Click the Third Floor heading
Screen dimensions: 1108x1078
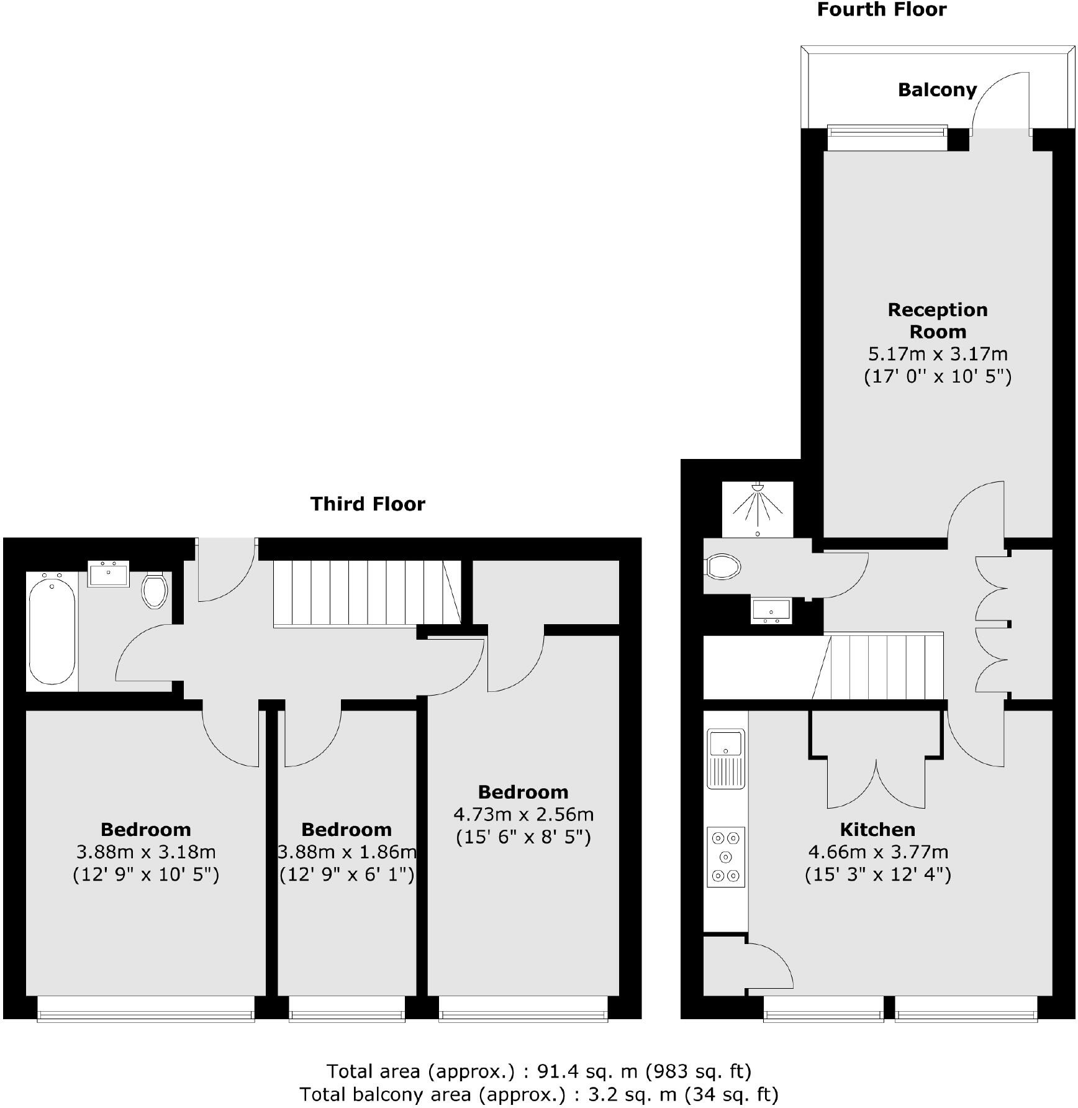coord(368,504)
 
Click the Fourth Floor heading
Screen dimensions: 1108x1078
coord(881,10)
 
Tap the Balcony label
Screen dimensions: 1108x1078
coord(937,90)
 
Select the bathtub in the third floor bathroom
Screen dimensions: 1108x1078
coord(52,629)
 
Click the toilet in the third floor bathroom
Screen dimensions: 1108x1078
coord(155,590)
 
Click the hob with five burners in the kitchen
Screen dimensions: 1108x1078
coord(725,856)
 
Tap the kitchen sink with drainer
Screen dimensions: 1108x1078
coord(725,758)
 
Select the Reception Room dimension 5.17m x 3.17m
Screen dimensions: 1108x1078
coord(937,354)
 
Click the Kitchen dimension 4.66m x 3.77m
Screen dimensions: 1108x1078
coord(877,852)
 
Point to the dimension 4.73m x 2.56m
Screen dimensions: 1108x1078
coord(523,814)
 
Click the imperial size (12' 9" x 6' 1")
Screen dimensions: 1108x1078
coord(346,874)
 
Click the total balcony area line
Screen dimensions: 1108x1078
coord(538,1094)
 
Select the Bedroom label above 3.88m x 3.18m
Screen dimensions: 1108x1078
coord(145,830)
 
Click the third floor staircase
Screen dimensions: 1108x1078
coord(366,593)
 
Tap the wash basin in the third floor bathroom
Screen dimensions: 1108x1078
coord(108,574)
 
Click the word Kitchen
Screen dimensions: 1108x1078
coord(877,830)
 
